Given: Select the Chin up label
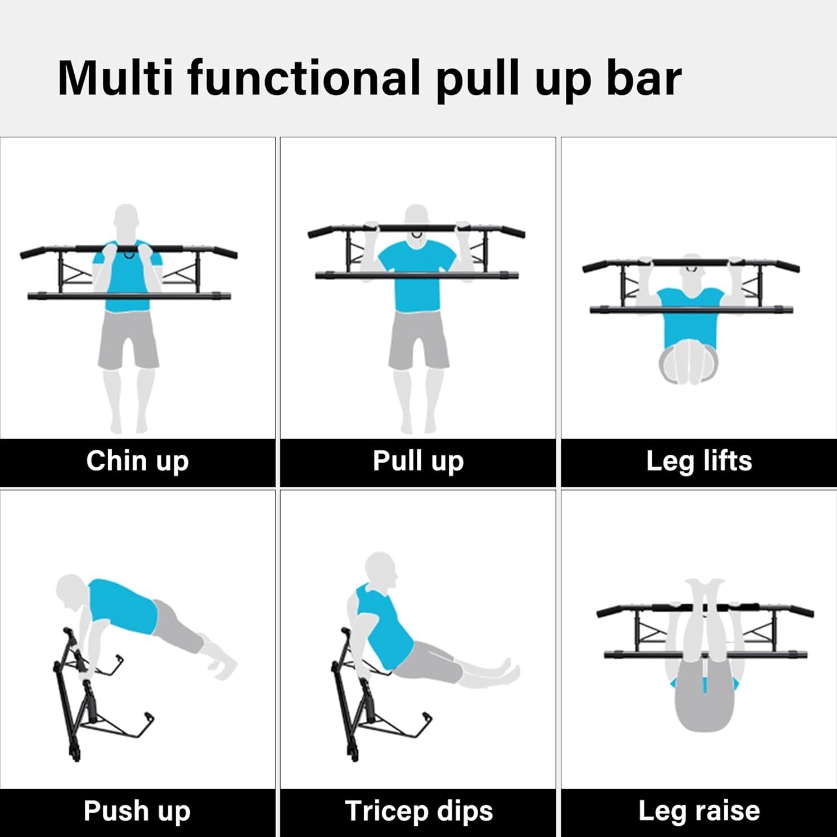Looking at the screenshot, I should click(137, 461).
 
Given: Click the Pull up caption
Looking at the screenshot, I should click(418, 461).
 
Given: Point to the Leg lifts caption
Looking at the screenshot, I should click(699, 461).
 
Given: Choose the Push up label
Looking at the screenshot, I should click(137, 811).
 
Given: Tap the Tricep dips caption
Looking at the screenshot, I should click(419, 811).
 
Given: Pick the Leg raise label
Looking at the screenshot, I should click(699, 811).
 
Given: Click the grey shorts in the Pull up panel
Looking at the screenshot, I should click(419, 340).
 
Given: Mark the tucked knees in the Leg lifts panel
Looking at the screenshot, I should click(689, 365).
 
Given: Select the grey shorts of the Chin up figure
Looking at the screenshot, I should click(128, 340).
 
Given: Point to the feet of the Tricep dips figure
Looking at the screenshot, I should click(509, 670).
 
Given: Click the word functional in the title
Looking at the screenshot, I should click(304, 78).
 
